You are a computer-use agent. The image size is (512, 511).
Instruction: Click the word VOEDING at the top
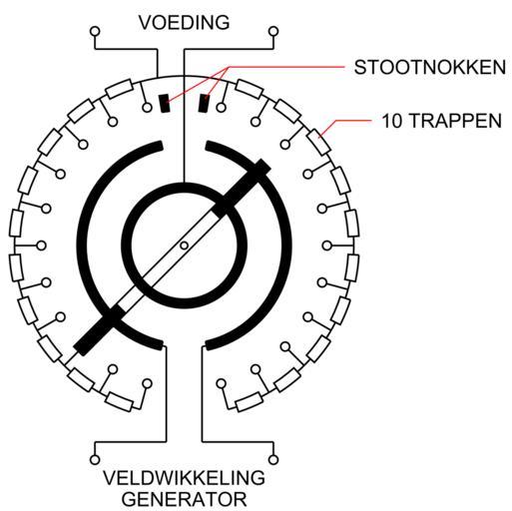pyautogui.click(x=184, y=23)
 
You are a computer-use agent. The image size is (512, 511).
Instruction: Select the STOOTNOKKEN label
pyautogui.click(x=430, y=67)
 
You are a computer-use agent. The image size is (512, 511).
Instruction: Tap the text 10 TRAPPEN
pyautogui.click(x=441, y=121)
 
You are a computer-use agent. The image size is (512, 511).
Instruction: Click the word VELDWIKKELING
pyautogui.click(x=184, y=478)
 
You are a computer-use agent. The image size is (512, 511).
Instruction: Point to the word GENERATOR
pyautogui.click(x=184, y=500)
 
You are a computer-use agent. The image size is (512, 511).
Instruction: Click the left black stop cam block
pyautogui.click(x=165, y=103)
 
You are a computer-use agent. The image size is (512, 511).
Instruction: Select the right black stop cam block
pyautogui.click(x=203, y=103)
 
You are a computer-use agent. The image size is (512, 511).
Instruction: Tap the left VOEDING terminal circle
pyautogui.click(x=95, y=32)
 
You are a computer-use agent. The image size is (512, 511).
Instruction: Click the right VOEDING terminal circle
pyautogui.click(x=273, y=32)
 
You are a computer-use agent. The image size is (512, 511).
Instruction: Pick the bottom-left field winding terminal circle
pyautogui.click(x=95, y=460)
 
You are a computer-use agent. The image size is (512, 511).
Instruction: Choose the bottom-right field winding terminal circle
pyautogui.click(x=273, y=460)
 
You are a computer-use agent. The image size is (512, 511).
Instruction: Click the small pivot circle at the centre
pyautogui.click(x=184, y=246)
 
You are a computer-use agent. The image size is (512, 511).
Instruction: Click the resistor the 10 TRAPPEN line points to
pyautogui.click(x=319, y=143)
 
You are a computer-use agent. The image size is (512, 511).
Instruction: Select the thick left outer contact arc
pyautogui.click(x=82, y=246)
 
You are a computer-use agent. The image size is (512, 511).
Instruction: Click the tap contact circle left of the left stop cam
pyautogui.click(x=147, y=108)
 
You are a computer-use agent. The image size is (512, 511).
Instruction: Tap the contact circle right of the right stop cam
pyautogui.click(x=222, y=108)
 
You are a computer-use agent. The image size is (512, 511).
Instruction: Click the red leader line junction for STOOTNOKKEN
pyautogui.click(x=229, y=68)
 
